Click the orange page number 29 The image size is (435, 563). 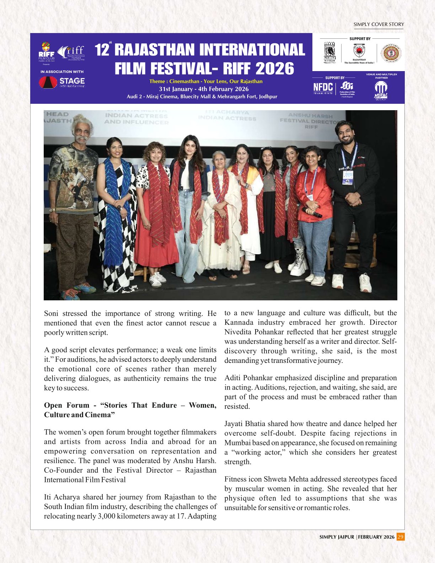tap(401, 537)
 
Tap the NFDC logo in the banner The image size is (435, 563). tap(323, 87)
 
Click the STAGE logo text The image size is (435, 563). tap(72, 81)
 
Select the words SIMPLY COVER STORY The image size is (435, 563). tap(378, 25)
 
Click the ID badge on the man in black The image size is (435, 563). tap(347, 177)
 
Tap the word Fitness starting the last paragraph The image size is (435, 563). tap(235, 479)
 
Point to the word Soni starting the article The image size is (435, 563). tap(51, 313)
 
